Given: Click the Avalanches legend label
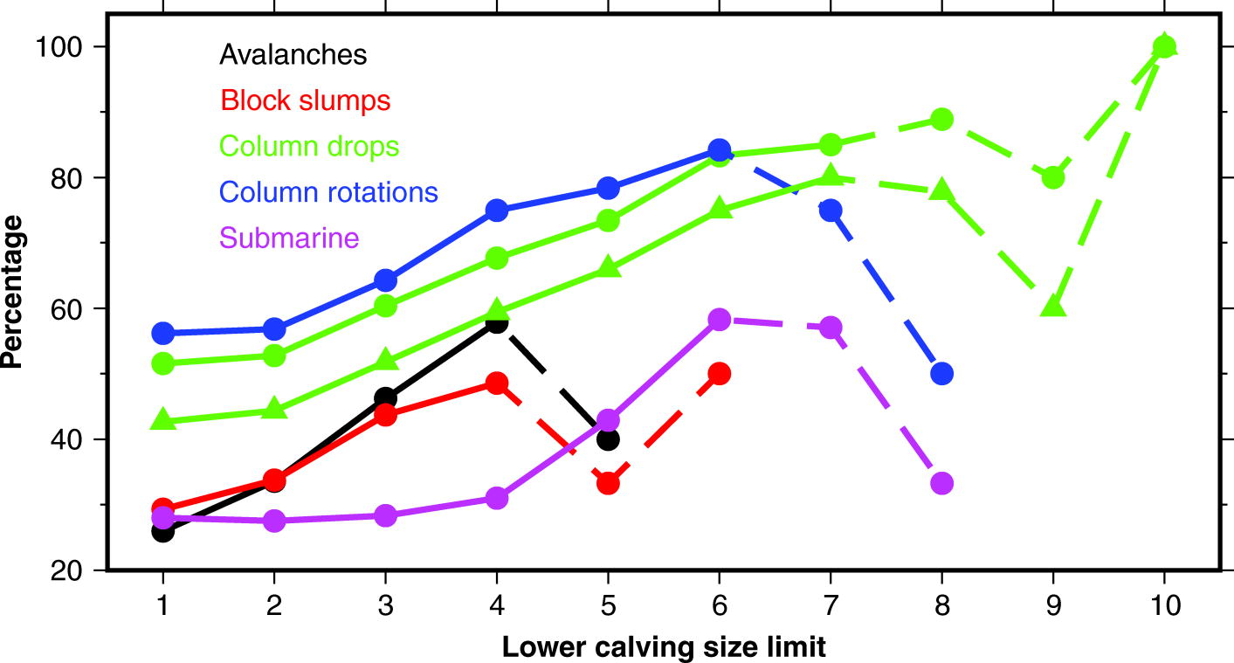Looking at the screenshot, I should coord(293,54).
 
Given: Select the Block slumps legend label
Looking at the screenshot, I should coord(306,100).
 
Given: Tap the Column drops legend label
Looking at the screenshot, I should coord(309,146).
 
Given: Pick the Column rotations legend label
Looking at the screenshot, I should coord(329,191).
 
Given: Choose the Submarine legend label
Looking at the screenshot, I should coord(289,237).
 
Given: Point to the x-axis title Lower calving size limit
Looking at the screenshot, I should coord(664,647).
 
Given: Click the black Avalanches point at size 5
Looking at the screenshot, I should coord(608,439).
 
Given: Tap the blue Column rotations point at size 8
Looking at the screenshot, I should coord(941,374).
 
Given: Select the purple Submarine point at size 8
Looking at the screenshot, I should coord(941,483).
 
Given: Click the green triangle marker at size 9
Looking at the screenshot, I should coord(1053,307).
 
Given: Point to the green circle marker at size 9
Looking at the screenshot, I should coord(1053,177).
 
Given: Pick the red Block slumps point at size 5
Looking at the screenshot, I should coord(608,483).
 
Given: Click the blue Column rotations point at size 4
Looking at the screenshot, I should coord(497,210).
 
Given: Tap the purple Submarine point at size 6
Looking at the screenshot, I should coord(719,320).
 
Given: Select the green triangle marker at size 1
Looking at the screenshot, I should coord(163,420).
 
